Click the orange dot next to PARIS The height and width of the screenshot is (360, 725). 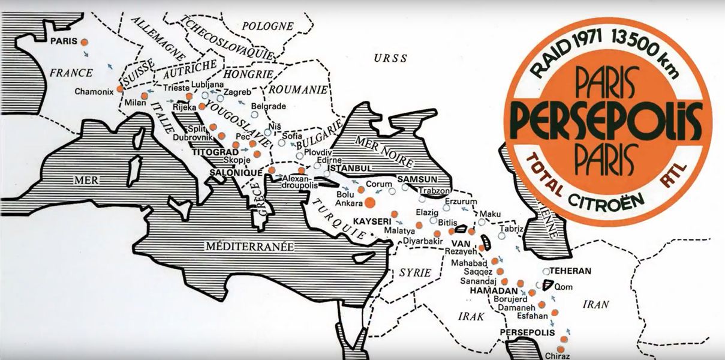click(85, 43)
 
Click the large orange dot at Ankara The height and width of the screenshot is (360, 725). click(370, 202)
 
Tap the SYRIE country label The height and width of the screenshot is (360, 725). click(415, 273)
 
